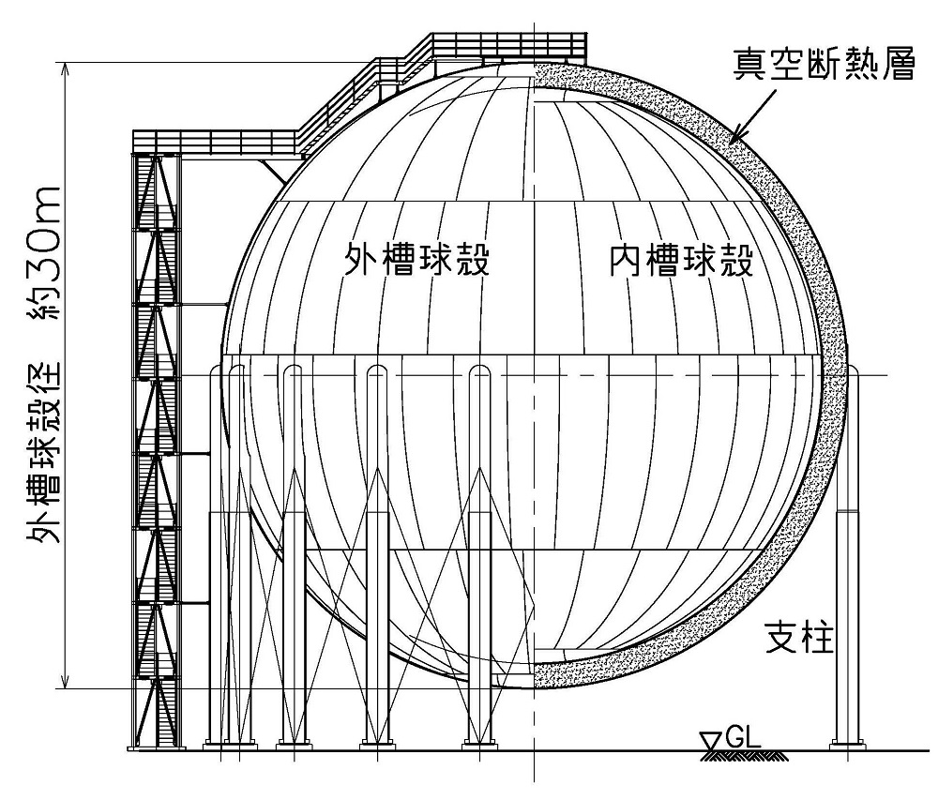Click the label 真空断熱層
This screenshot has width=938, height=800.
825,67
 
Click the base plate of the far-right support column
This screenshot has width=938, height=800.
847,747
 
